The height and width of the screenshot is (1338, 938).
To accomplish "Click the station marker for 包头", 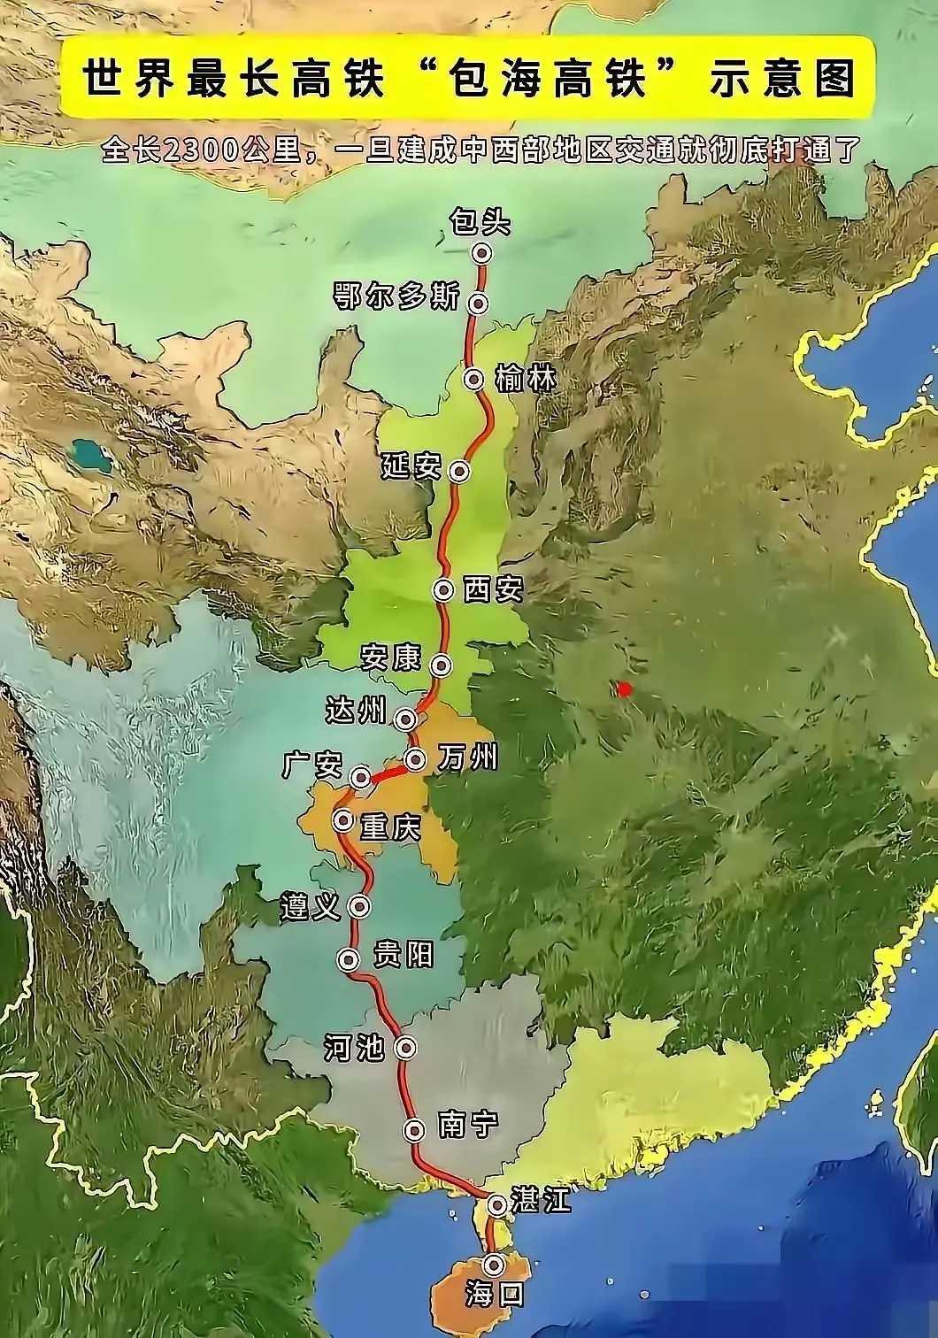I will point(481,253).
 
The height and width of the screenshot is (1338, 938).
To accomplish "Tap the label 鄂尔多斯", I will point(396,297).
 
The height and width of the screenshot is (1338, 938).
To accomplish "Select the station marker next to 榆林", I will point(475,380).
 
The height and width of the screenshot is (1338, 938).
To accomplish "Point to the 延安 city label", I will point(411,466).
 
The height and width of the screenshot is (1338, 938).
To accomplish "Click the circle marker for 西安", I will point(442,589).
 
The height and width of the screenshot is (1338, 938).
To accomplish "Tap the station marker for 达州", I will point(406,718).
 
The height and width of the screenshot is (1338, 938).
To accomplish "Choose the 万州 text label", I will point(467,757).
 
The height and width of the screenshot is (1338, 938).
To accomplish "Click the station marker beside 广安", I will point(360,777).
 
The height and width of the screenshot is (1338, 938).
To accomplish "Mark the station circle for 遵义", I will point(359,905).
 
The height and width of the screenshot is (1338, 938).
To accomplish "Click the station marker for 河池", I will point(406,1048).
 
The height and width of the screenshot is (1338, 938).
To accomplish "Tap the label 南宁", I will point(468,1126).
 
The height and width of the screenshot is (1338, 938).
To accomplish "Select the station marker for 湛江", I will point(496,1204).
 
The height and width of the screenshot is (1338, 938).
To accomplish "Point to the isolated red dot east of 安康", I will point(625,688).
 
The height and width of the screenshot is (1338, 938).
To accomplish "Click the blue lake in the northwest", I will point(88,454).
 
